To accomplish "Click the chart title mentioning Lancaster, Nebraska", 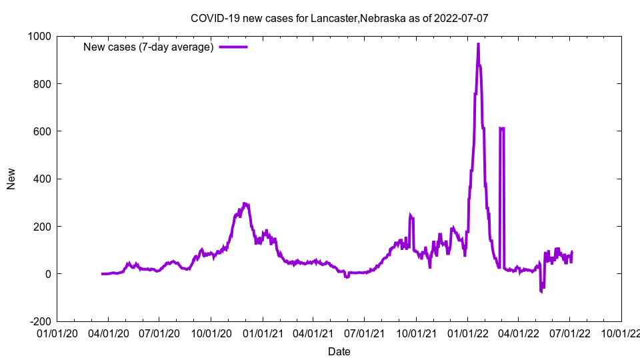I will tap(339, 18).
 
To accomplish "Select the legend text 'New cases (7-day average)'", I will tap(148, 47).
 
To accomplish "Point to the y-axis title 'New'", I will tap(11, 179).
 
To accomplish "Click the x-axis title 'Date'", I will tap(339, 351).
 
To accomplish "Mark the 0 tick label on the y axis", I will tap(48, 274).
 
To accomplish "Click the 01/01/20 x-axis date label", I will tap(57, 333).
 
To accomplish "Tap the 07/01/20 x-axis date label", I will tap(159, 333).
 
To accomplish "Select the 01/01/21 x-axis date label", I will tap(263, 333).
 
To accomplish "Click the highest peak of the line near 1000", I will tap(478, 45).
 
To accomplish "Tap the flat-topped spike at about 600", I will tap(502, 128).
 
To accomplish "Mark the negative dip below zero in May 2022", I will tap(541, 291).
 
